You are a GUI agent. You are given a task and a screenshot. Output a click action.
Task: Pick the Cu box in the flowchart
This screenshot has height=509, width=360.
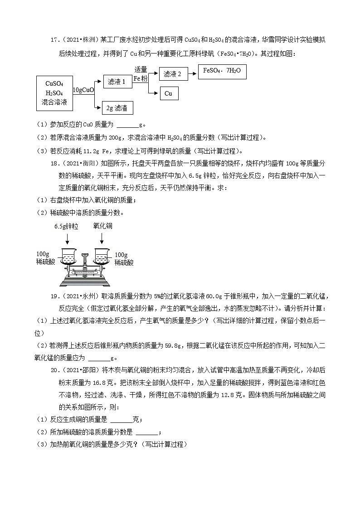coord(169,93)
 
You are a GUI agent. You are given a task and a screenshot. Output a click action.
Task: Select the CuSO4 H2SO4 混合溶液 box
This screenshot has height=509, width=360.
coord(54,93)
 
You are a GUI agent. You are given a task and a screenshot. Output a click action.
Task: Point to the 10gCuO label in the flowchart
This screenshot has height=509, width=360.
coord(83,90)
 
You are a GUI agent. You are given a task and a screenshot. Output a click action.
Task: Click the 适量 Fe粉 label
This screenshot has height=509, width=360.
coord(141,74)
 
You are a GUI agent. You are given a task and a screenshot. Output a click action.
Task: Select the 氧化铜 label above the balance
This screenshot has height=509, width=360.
coord(103,225)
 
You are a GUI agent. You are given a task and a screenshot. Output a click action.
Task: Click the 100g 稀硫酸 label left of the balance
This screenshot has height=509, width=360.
coord(45,258)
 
